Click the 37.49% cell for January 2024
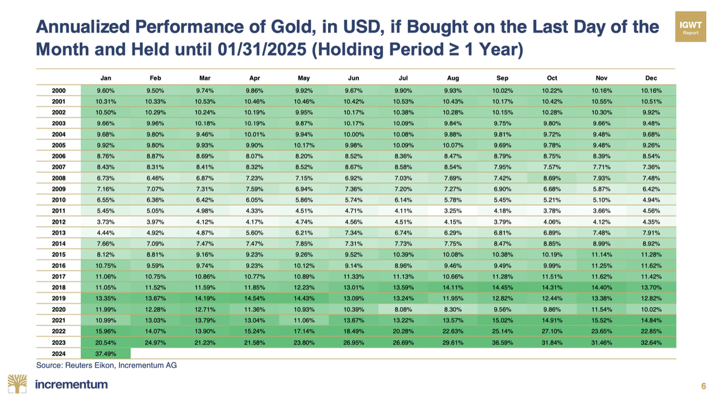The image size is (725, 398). pos(106,354)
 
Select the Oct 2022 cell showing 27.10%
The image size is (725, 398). pos(552,331)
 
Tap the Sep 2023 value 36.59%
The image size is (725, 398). pos(502,342)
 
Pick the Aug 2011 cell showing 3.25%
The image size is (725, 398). pos(453,211)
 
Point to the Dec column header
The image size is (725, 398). pos(651,78)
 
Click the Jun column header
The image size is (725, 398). pos(353,78)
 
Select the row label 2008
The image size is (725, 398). pos(59,178)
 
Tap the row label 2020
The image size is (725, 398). pos(59,309)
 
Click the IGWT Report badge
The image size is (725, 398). pos(691,27)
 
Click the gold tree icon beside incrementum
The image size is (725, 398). pos(18,384)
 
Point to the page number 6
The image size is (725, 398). pos(703,386)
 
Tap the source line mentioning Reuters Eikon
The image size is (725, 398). pos(106,365)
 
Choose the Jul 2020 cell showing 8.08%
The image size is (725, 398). pos(403,309)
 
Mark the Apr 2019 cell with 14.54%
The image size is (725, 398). pos(254,298)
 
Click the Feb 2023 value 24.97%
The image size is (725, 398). pos(155,342)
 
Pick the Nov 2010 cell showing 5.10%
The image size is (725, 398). pos(601,200)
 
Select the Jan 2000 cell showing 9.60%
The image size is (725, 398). pos(106,91)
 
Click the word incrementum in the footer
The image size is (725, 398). pos(71,384)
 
